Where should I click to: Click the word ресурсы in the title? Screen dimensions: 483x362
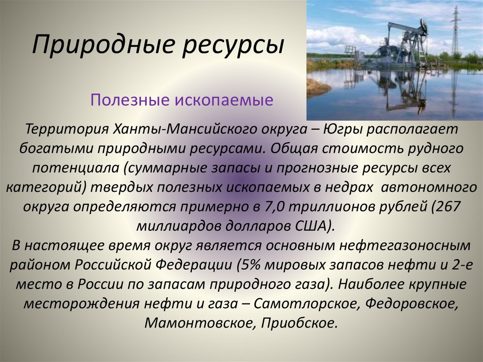(233, 46)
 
